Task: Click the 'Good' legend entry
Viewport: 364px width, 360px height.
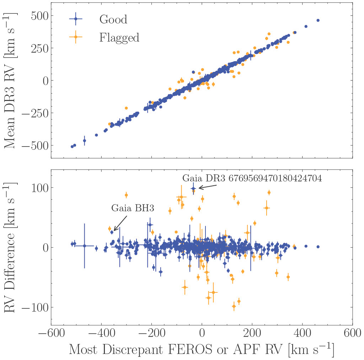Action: pyautogui.click(x=113, y=19)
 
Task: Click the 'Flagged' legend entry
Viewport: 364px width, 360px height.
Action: pyautogui.click(x=119, y=37)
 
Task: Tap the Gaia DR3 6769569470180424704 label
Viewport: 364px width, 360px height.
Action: pyautogui.click(x=252, y=179)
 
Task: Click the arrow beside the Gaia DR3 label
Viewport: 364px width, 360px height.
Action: pyautogui.click(x=205, y=187)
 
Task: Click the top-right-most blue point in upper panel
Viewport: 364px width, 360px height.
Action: pyautogui.click(x=318, y=20)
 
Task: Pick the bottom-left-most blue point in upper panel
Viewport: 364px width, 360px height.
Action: pyautogui.click(x=72, y=146)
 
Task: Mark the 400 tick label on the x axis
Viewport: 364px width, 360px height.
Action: pyautogui.click(x=303, y=335)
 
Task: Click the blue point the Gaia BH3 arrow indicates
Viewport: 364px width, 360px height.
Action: pyautogui.click(x=112, y=232)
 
